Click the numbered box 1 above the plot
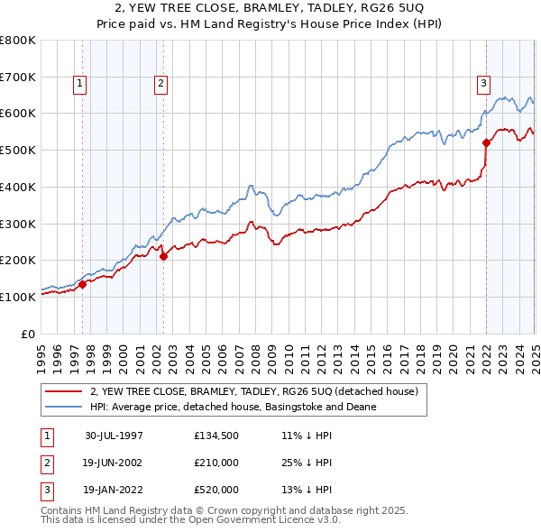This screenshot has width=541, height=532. click(80, 84)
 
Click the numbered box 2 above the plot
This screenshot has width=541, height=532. click(160, 84)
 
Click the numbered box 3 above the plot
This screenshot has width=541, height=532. click(483, 84)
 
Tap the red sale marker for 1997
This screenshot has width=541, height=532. click(82, 284)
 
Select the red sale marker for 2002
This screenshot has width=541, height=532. click(163, 256)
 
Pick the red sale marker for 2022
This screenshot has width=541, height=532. click(486, 142)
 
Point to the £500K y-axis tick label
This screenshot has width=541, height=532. click(18, 150)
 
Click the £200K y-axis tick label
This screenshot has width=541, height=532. click(18, 260)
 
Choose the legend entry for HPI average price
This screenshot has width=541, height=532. click(232, 408)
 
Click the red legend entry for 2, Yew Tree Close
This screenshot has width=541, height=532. click(253, 392)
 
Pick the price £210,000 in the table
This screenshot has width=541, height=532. click(216, 463)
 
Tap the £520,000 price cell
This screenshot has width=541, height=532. click(216, 490)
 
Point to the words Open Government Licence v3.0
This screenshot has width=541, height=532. click(267, 520)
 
